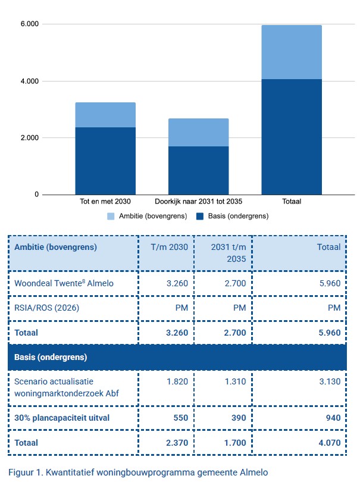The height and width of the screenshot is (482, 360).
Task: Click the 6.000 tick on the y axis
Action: click(30, 24)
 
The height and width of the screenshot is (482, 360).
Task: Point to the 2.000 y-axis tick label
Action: click(30, 137)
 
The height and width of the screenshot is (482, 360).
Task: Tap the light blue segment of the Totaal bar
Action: click(292, 52)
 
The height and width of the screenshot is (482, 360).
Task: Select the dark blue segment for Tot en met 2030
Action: click(105, 161)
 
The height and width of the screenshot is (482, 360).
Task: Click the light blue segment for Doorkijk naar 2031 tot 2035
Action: click(199, 133)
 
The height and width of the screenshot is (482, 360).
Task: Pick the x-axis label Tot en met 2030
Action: click(105, 201)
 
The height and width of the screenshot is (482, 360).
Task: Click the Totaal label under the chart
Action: click(292, 201)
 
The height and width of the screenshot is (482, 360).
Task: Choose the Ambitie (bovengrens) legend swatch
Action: click(111, 216)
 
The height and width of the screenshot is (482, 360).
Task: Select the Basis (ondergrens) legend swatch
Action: click(200, 216)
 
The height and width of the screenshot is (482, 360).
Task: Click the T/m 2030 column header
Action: click(170, 247)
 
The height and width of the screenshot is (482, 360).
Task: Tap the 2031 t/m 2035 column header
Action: click(228, 253)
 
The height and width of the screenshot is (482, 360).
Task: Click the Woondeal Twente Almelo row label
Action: click(64, 283)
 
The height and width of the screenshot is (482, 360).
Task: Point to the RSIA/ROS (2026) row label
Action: click(47, 308)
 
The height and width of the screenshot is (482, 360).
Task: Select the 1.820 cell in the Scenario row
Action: click(177, 381)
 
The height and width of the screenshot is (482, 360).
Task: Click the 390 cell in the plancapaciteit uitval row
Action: click(239, 418)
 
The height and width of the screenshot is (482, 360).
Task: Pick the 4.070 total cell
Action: click(330, 443)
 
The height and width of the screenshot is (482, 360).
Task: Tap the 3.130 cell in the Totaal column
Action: click(330, 381)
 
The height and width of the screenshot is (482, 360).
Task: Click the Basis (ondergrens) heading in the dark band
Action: click(51, 357)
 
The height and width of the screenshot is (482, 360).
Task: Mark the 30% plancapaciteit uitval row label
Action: click(62, 418)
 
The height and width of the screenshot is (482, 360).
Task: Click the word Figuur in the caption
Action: click(21, 472)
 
